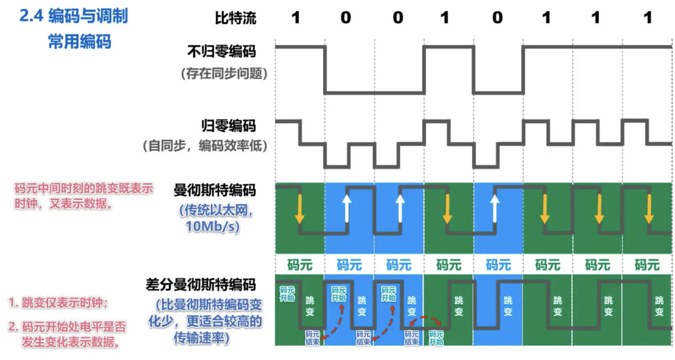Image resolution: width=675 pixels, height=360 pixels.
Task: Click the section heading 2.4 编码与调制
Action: [73, 17]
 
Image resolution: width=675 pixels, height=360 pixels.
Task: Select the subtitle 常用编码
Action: [80, 41]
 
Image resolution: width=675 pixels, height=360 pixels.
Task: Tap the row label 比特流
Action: [236, 18]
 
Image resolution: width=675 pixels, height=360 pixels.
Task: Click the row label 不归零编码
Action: [222, 52]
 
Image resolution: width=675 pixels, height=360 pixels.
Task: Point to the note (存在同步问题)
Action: [224, 73]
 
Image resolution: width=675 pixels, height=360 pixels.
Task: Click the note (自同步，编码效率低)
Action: [205, 146]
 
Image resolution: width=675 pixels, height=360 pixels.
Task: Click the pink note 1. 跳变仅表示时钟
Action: [58, 303]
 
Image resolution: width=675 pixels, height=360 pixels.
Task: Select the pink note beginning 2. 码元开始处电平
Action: [67, 334]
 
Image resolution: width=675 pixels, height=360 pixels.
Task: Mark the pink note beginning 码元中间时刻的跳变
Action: [83, 195]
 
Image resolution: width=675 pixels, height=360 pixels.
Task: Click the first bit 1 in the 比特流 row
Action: [296, 18]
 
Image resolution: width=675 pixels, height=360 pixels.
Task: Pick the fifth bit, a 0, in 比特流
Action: [497, 18]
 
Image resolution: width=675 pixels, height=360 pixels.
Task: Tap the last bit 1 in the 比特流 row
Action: [648, 18]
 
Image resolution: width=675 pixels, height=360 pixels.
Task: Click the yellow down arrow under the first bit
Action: [299, 208]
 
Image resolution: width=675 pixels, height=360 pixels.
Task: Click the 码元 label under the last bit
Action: [647, 264]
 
